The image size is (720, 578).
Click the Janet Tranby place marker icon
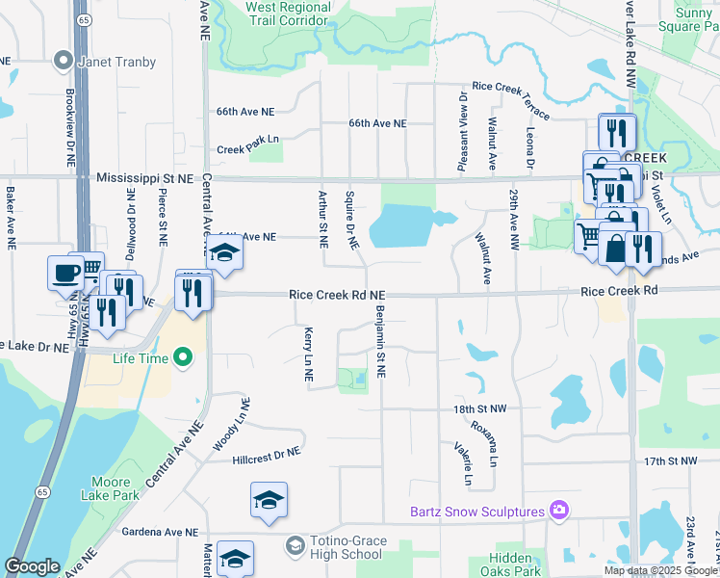tap(64, 61)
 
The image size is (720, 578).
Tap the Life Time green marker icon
tap(183, 359)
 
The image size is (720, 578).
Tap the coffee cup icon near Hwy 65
tap(65, 273)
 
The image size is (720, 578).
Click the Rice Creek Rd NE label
tap(338, 295)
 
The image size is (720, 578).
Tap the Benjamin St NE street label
tap(381, 341)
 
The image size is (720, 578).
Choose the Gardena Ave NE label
tap(160, 532)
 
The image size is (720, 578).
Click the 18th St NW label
tap(474, 408)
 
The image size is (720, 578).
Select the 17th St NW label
tap(670, 461)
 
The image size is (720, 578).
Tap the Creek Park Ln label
tap(247, 149)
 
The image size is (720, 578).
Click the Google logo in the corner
tap(33, 566)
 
